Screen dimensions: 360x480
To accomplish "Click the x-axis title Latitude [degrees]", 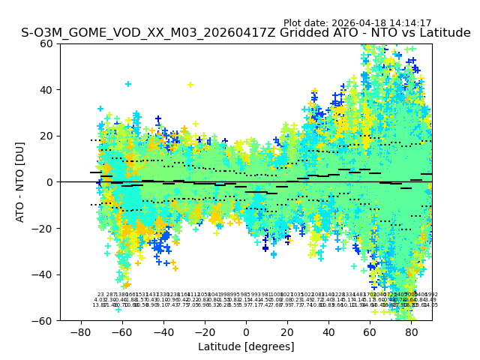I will [246, 346].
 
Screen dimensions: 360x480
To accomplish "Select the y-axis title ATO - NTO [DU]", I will [20, 181].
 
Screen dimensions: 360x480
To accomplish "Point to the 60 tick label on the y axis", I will [46, 43].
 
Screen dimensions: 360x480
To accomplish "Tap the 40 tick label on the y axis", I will [46, 90].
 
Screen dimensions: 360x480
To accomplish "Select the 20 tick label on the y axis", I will [46, 136].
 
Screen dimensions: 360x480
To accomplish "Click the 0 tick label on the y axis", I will [49, 182].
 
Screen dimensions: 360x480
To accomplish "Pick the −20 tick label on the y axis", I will [43, 228].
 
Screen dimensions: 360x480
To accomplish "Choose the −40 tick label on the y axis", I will [43, 274].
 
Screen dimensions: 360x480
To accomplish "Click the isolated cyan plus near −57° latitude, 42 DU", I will [128, 84].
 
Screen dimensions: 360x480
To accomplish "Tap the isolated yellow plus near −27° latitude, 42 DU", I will [190, 85].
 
